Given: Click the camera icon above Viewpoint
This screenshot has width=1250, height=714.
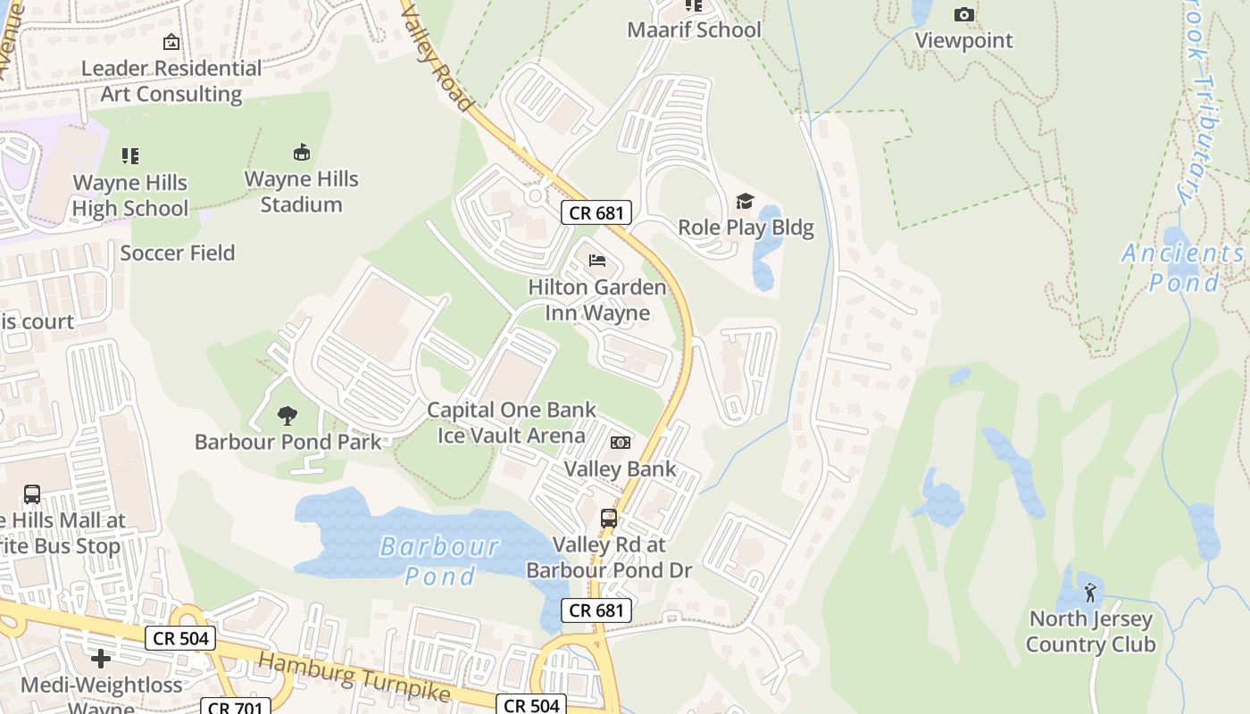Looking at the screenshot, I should coord(964,14).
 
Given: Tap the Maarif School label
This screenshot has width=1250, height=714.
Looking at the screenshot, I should coord(694,29).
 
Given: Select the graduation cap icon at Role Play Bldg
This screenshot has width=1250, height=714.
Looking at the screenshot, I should coord(745,201).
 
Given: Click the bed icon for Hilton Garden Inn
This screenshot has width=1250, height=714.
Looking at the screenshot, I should coord(597,261).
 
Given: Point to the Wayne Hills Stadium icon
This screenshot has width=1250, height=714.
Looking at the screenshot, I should coord(302,153).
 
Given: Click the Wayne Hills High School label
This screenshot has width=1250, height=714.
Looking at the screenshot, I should coord(130,195).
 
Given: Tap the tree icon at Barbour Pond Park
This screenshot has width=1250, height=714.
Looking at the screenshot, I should coord(287,415).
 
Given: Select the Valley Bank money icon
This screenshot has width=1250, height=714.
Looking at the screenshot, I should coord(621,443).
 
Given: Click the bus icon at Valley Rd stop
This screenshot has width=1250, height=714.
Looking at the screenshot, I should coord(609,518).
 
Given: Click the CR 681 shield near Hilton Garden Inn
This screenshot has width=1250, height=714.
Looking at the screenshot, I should coord(596,212).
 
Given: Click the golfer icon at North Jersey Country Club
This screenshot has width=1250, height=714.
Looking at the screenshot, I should coord(1090,592).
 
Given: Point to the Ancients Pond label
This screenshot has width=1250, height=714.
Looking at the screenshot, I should coord(1182,268).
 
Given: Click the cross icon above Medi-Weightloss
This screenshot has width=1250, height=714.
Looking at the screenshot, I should coord(101,659).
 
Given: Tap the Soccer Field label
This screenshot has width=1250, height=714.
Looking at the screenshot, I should coord(178,253).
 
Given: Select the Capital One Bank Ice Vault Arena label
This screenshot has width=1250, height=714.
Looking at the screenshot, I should coord(511,423).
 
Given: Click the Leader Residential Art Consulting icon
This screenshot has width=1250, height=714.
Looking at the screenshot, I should coord(171,42).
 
